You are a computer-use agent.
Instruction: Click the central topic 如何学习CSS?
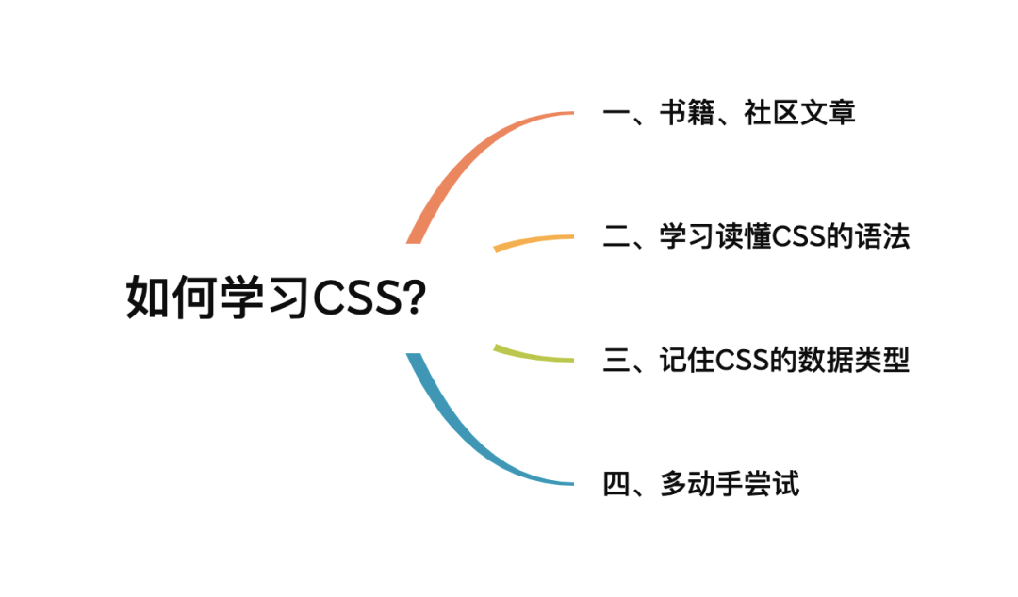[x=276, y=298]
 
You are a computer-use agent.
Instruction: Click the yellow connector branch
[x=534, y=241]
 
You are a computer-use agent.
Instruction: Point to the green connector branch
[x=534, y=355]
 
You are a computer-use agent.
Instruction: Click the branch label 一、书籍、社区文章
[x=729, y=113]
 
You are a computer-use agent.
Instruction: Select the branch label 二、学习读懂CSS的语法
[x=756, y=236]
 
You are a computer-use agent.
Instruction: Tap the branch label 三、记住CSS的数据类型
[x=756, y=360]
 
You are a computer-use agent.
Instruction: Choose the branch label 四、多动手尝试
[x=701, y=483]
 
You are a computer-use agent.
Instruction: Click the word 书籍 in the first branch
[x=687, y=113]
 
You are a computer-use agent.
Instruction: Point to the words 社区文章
[x=799, y=113]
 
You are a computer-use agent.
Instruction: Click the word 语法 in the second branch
[x=882, y=236]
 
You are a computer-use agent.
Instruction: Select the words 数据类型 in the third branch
[x=854, y=360]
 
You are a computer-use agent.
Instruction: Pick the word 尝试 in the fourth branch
[x=771, y=483]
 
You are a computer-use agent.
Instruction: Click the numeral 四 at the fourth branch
[x=616, y=484]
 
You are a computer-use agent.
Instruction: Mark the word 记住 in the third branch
[x=687, y=360]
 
